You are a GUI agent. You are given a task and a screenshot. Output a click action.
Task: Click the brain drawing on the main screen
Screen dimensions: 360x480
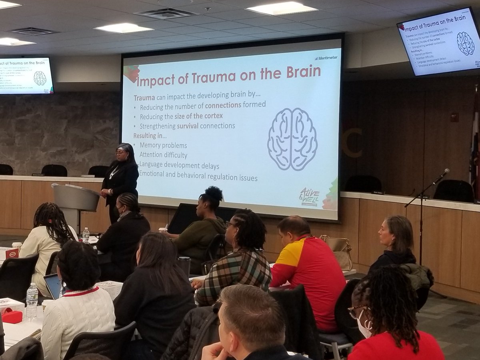(x=292, y=139)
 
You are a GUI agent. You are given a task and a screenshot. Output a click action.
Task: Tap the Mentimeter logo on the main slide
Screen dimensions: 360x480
(x=326, y=58)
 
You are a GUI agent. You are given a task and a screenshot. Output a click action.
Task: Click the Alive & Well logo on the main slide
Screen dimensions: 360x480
(x=309, y=196)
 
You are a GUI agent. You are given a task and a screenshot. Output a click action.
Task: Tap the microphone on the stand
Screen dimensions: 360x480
(x=442, y=176)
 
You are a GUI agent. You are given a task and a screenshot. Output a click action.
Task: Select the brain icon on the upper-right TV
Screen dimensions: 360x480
(x=465, y=44)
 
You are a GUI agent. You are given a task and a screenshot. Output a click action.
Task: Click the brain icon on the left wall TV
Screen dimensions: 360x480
(x=40, y=78)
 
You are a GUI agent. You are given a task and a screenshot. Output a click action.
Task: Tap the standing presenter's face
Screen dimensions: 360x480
(x=120, y=153)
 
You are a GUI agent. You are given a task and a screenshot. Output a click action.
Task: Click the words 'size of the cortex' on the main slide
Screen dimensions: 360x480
(x=198, y=116)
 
